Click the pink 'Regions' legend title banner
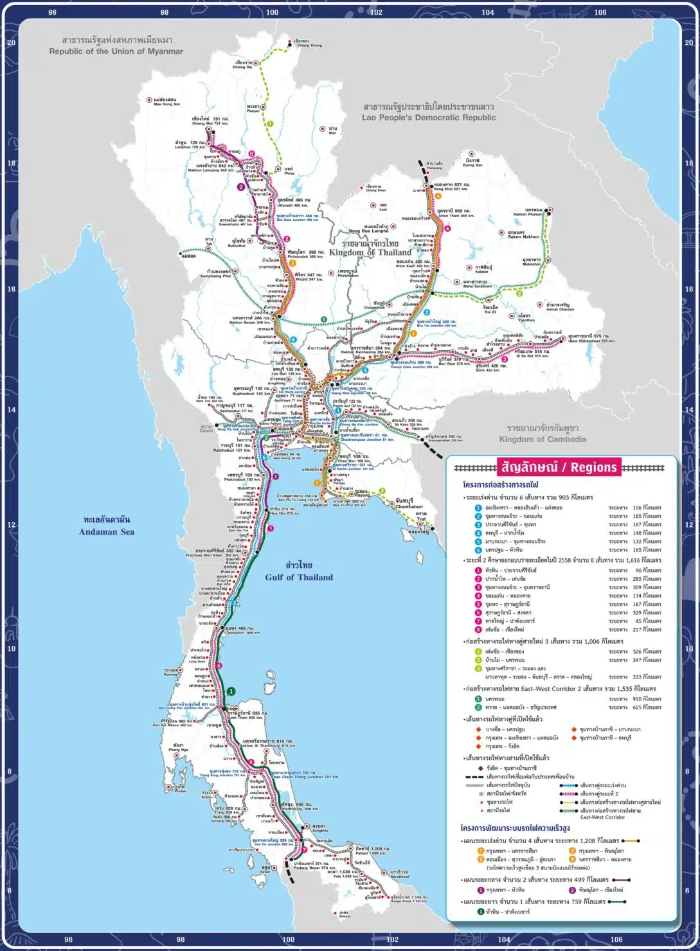tap(558, 467)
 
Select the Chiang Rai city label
tap(242, 65)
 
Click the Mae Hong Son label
tap(166, 102)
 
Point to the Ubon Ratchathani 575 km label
tap(591, 338)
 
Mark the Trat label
tap(420, 517)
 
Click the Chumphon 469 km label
tap(241, 630)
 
